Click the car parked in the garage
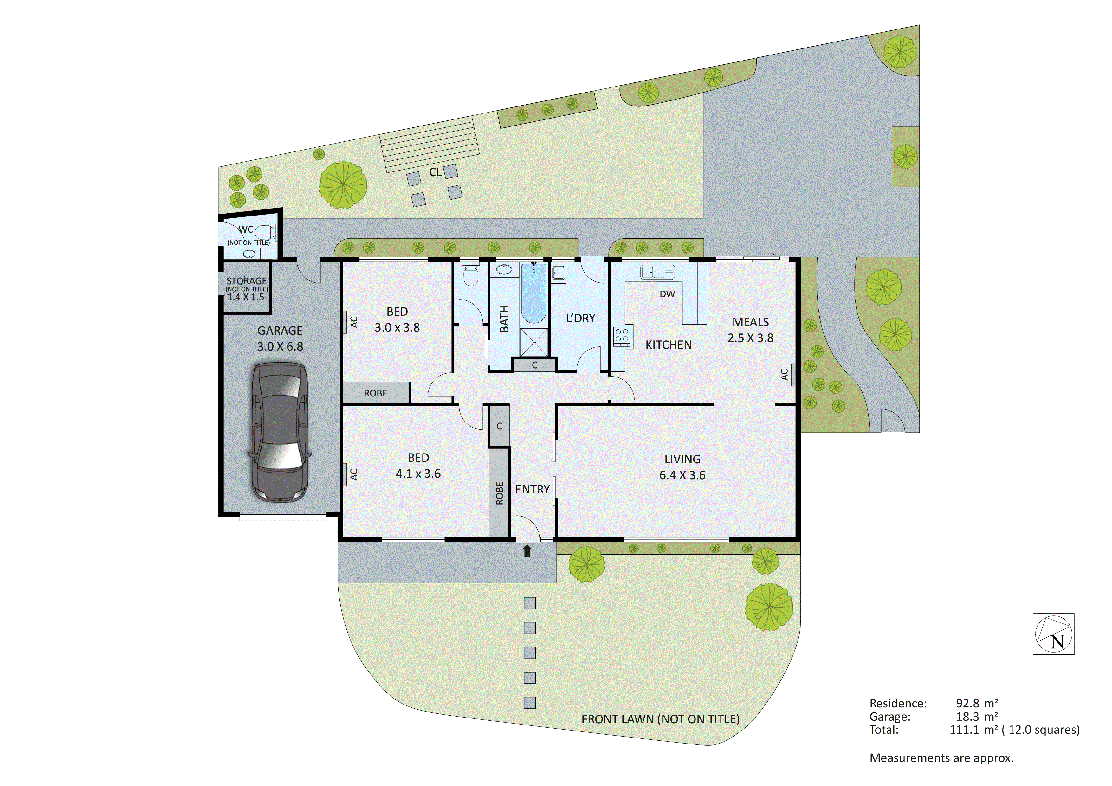click(280, 433)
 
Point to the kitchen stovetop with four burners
click(622, 336)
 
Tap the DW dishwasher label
click(667, 294)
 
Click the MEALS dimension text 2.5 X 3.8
click(750, 338)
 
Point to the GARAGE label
click(280, 331)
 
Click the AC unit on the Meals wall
click(793, 374)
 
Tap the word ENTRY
click(532, 490)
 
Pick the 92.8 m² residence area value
click(976, 703)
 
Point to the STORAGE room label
click(247, 281)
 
